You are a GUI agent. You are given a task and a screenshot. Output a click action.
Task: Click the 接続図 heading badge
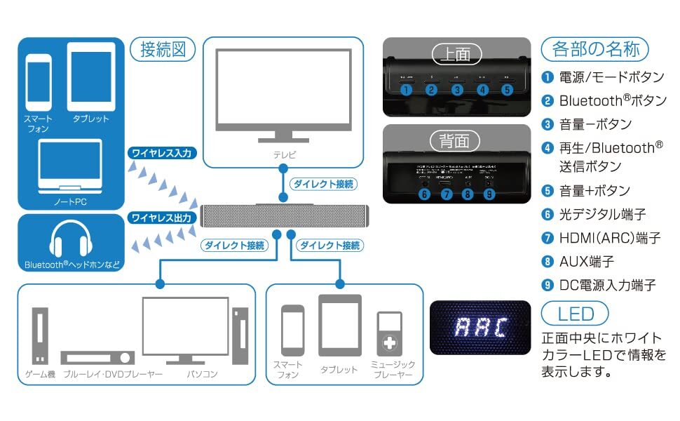coord(163,50)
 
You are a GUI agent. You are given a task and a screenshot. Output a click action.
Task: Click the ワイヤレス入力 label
coord(161,152)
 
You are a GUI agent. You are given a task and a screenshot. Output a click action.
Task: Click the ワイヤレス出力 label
coord(161,218)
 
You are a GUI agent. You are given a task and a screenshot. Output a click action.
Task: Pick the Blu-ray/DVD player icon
coord(97,357)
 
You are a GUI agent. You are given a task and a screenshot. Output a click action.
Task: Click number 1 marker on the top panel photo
coord(405,90)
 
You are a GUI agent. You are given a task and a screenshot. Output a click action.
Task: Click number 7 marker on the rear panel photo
coord(446,194)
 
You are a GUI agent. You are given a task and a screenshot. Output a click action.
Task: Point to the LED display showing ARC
coord(480,328)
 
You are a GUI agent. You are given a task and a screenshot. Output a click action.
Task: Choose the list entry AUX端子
coord(586,261)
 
